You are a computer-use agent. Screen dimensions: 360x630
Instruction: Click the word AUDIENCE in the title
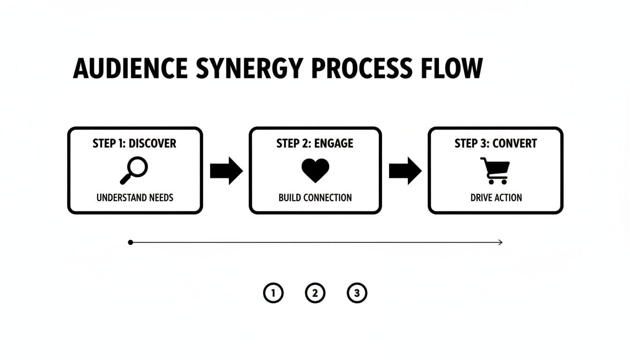tap(130, 69)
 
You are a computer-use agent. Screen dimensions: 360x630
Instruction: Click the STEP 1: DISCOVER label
tap(135, 143)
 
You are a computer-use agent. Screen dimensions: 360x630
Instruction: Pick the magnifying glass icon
tap(134, 170)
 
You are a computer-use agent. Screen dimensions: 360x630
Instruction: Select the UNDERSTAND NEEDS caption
tap(135, 197)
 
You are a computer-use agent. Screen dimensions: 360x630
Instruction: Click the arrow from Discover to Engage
tap(226, 171)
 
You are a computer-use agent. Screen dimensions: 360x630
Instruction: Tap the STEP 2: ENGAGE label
tap(315, 143)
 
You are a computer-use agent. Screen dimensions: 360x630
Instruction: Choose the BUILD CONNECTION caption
tap(315, 197)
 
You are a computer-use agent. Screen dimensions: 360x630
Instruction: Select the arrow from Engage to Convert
tap(405, 171)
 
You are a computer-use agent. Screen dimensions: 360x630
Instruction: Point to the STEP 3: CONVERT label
tap(495, 143)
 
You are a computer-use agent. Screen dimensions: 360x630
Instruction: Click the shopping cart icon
tap(495, 171)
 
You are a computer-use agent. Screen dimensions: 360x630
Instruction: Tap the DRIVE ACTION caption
tap(496, 197)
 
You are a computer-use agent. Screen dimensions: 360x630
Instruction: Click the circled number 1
tap(273, 293)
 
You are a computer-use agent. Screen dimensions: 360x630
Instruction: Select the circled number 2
tap(315, 293)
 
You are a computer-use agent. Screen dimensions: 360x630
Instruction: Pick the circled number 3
tap(357, 293)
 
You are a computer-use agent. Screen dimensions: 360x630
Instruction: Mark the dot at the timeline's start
tap(130, 242)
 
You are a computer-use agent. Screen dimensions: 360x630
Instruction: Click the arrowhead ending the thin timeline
tap(500, 242)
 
